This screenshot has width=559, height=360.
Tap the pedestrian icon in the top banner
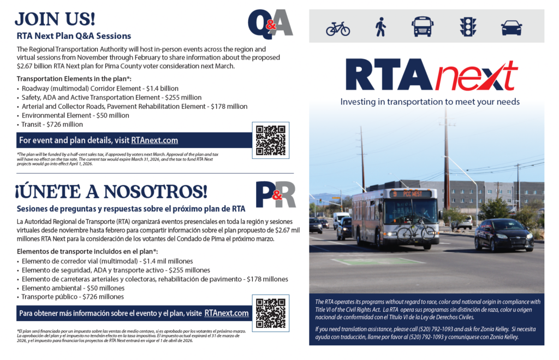point(380,26)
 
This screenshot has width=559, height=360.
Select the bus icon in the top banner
point(423,26)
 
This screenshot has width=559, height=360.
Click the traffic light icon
point(467,26)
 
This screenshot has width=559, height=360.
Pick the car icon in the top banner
point(512,27)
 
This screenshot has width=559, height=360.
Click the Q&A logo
point(270,23)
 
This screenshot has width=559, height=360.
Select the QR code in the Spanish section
point(270,312)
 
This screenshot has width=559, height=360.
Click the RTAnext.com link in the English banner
point(154,140)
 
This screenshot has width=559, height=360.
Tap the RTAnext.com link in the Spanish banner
point(227,313)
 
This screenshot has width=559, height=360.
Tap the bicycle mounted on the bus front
point(415,232)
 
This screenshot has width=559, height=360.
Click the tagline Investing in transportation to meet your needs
point(430,102)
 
